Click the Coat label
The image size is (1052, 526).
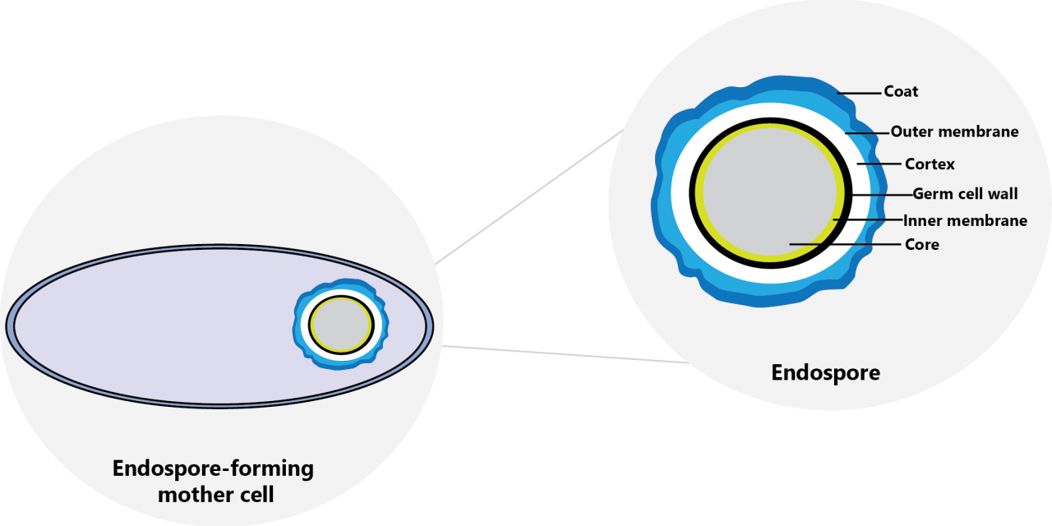901,91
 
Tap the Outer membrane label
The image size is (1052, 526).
954,131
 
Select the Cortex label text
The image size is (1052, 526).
930,164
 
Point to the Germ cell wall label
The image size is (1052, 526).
965,194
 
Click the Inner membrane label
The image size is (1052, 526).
965,220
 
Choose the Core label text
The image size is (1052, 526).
921,244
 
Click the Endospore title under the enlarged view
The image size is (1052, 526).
825,372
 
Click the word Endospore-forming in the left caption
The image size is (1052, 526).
213,469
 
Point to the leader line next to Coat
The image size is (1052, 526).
860,92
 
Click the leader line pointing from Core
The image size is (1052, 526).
845,244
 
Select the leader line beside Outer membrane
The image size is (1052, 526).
866,131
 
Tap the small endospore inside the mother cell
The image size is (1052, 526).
340,325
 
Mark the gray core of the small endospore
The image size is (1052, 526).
340,325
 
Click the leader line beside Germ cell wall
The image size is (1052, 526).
882,195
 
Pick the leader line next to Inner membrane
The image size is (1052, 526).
868,220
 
